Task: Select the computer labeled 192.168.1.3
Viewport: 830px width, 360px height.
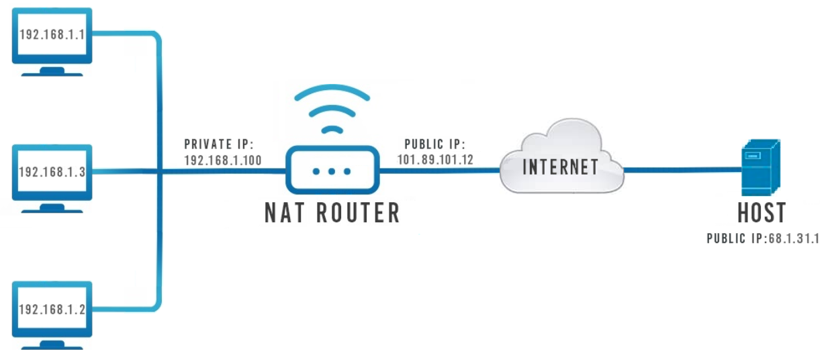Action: [x=52, y=172]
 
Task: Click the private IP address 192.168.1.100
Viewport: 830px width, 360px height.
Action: [x=222, y=161]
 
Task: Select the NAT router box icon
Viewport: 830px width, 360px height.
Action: [x=332, y=171]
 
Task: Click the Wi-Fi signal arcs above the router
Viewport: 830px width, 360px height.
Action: [x=332, y=107]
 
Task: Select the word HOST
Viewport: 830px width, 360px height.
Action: [x=761, y=213]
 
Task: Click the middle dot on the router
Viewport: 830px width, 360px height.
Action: [x=332, y=171]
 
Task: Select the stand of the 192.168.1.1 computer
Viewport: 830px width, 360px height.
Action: [x=52, y=71]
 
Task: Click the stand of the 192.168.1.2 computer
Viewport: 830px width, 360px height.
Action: [x=52, y=345]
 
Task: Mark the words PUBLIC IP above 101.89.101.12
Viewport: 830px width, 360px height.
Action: [x=432, y=144]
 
